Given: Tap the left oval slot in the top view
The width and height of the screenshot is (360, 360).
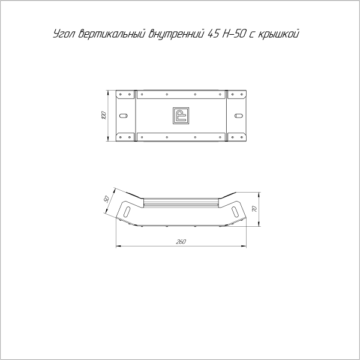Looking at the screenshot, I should coord(124,115).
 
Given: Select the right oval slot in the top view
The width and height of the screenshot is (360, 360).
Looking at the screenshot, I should coord(238,115).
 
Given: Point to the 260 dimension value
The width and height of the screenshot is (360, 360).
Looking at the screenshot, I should coord(181,242).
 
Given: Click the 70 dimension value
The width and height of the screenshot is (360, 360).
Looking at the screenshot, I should coord(254,209).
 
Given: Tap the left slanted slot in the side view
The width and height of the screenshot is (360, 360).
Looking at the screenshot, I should coord(128,211).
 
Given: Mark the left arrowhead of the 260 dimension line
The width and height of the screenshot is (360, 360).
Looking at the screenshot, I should coord(117,245).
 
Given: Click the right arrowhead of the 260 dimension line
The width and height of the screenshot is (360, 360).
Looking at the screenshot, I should coord(245,245).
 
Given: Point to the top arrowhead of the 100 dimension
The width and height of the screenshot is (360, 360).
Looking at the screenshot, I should coord(108,92).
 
